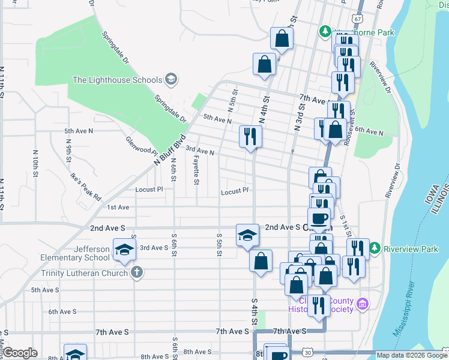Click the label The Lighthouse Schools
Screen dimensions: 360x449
point(117,80)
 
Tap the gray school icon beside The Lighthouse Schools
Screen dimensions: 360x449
point(171,80)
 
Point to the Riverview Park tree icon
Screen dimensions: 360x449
point(375,247)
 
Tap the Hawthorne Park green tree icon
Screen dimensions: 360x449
point(324,31)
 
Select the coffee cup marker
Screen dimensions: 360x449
point(319,219)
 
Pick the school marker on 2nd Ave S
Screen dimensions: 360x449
point(247,235)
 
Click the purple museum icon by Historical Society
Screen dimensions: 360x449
point(361,304)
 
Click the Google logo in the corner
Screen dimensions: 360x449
point(20,353)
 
